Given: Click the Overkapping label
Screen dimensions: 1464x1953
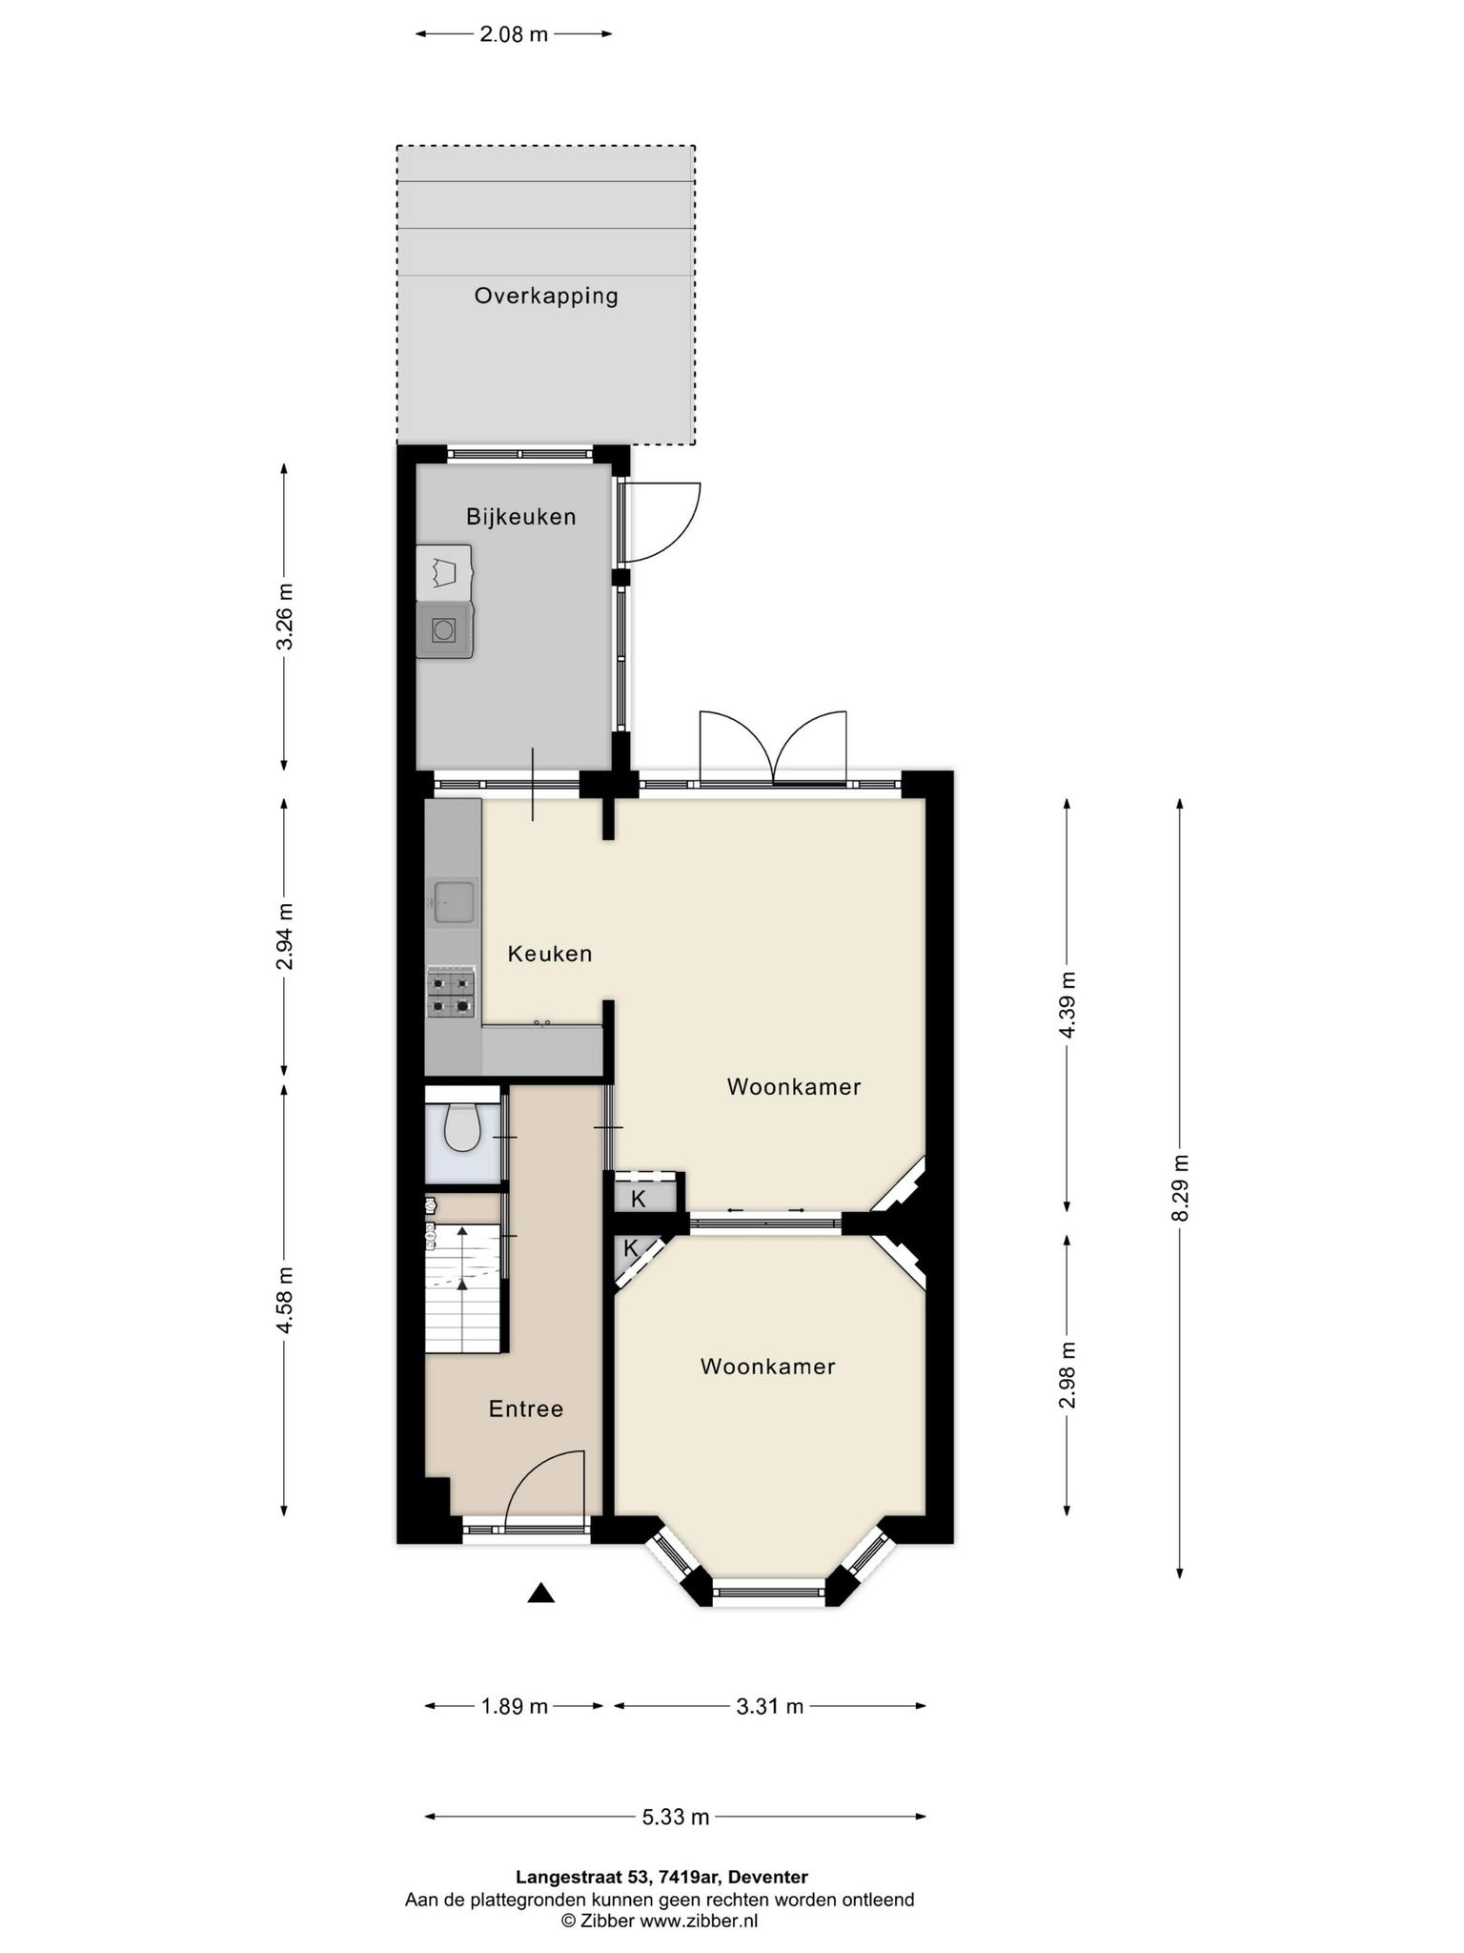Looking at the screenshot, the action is coord(546,296).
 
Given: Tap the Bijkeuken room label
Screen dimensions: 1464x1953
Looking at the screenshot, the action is coord(520,517).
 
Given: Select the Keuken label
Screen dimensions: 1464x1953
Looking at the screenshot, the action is coord(550,954).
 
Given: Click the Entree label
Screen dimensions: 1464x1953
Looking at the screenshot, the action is coord(526,1408).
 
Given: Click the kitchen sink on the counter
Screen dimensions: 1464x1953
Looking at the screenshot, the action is coord(453,901).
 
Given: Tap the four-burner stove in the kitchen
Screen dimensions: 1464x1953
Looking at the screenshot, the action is coord(451,993).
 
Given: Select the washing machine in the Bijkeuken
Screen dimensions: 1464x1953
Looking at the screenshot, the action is coord(444,629).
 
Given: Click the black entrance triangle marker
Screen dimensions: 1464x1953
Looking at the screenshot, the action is coord(540,1592).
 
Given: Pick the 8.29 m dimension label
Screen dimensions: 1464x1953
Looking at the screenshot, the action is coord(1181,1187).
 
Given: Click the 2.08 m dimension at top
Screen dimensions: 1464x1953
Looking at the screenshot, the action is coord(514,34).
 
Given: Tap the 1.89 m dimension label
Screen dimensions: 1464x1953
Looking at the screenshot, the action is coord(514,1706).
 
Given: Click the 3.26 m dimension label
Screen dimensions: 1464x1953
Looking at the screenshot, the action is coord(284,616).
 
